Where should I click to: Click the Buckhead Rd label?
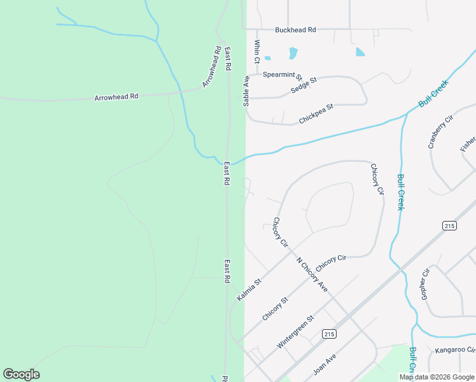tap(295, 30)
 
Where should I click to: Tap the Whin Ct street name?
tap(257, 52)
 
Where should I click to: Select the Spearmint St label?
tap(283, 74)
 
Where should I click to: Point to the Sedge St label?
tap(304, 85)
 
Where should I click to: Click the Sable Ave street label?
tap(246, 90)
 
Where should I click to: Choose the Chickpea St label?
tap(316, 115)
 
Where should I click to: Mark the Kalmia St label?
tap(249, 290)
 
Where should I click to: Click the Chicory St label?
tap(276, 309)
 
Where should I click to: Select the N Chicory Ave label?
tap(312, 274)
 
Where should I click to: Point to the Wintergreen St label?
tap(295, 332)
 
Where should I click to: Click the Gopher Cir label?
tap(426, 284)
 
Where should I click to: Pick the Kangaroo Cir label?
tap(455, 350)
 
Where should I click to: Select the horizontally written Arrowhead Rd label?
tap(116, 97)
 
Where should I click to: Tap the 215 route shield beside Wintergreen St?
tap(328, 334)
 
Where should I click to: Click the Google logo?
tap(21, 374)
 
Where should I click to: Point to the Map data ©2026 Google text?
tap(437, 377)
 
